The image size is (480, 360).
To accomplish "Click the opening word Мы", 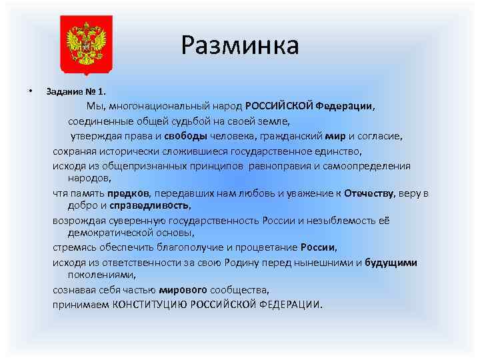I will pyautogui.click(x=95, y=106).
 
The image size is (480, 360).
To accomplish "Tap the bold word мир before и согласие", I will pyautogui.click(x=335, y=137).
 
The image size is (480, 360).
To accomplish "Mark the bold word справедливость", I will pyautogui.click(x=150, y=205).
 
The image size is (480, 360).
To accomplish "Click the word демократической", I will pyautogui.click(x=113, y=233).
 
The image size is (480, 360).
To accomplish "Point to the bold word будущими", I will pyautogui.click(x=391, y=262).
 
